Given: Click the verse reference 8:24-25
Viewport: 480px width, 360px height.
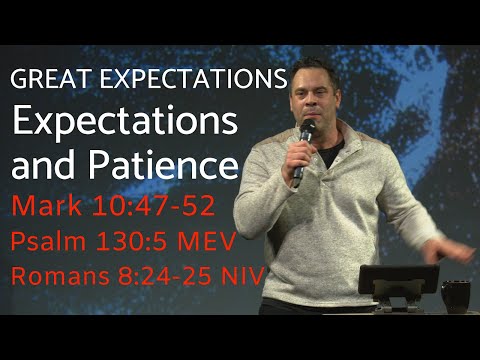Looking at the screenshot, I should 161,275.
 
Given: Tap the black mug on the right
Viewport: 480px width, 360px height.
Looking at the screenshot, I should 456,297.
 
